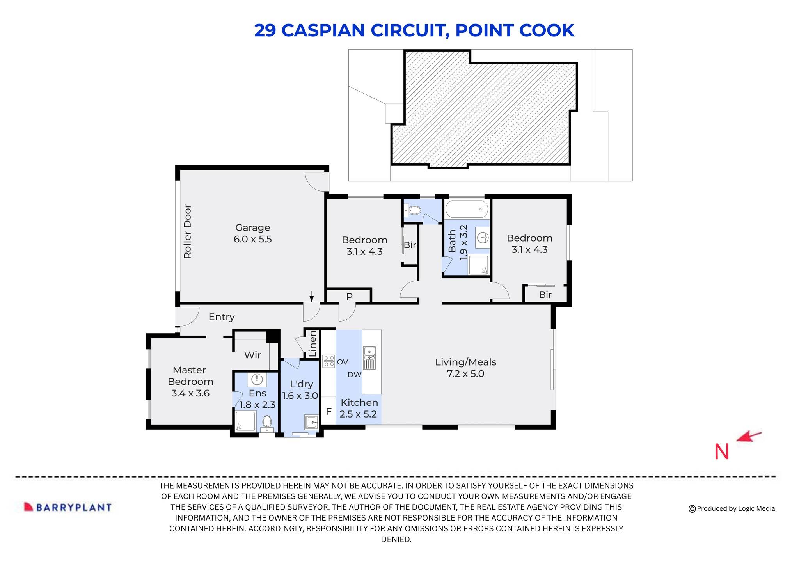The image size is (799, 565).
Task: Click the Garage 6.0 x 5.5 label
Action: pyautogui.click(x=252, y=233)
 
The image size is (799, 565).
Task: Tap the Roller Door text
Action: pyautogui.click(x=188, y=231)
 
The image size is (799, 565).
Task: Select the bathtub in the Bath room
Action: pyautogui.click(x=467, y=209)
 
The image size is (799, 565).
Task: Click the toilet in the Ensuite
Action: pyautogui.click(x=267, y=422)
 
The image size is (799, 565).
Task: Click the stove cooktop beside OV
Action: pyautogui.click(x=328, y=361)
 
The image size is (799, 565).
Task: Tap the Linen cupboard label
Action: pyautogui.click(x=312, y=344)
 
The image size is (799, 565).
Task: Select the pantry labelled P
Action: pyautogui.click(x=349, y=297)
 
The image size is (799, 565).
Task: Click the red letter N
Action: pyautogui.click(x=721, y=452)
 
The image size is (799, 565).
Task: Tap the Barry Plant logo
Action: pyautogui.click(x=68, y=507)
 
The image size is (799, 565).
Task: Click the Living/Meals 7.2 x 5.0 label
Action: pyautogui.click(x=465, y=368)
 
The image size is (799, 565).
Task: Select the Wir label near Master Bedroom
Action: pyautogui.click(x=252, y=355)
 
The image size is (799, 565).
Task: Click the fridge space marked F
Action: pyautogui.click(x=328, y=411)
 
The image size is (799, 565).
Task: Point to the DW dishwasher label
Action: pyautogui.click(x=354, y=375)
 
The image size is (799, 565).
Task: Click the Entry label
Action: pyautogui.click(x=221, y=317)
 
